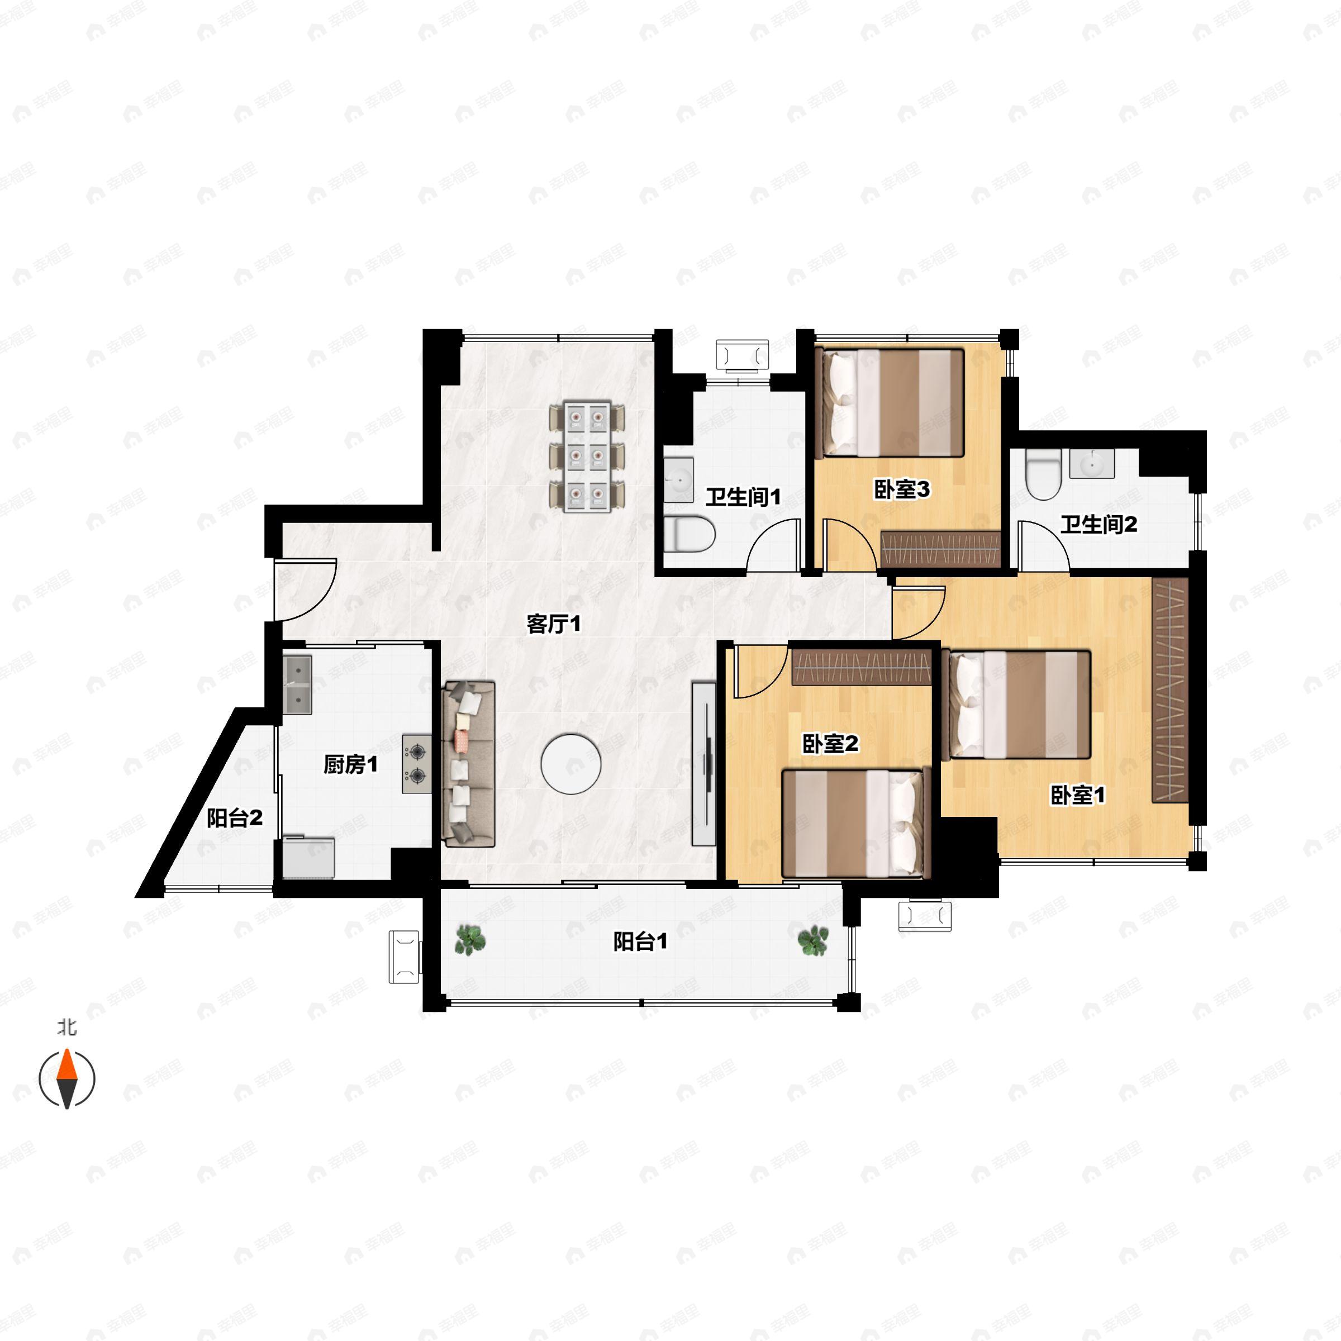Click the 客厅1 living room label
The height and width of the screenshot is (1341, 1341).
pos(553,624)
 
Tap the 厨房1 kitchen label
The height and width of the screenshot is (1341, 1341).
pos(350,764)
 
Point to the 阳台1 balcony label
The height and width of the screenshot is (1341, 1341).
pos(640,941)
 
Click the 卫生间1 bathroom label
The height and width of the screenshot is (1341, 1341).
pos(743,496)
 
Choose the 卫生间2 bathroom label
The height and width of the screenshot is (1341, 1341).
pos(1098,524)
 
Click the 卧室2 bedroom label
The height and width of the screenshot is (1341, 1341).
pos(830,743)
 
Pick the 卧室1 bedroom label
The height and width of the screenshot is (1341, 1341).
pos(1077,795)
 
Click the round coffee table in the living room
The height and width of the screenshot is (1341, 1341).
pos(570,764)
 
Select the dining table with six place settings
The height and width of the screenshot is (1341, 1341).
pos(587,456)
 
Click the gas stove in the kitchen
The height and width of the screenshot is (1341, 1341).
pos(416,763)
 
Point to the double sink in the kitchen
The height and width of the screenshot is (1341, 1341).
pos(297,685)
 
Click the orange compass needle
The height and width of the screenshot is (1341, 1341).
pos(66,1066)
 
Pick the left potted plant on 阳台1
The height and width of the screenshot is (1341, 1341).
pos(470,940)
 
